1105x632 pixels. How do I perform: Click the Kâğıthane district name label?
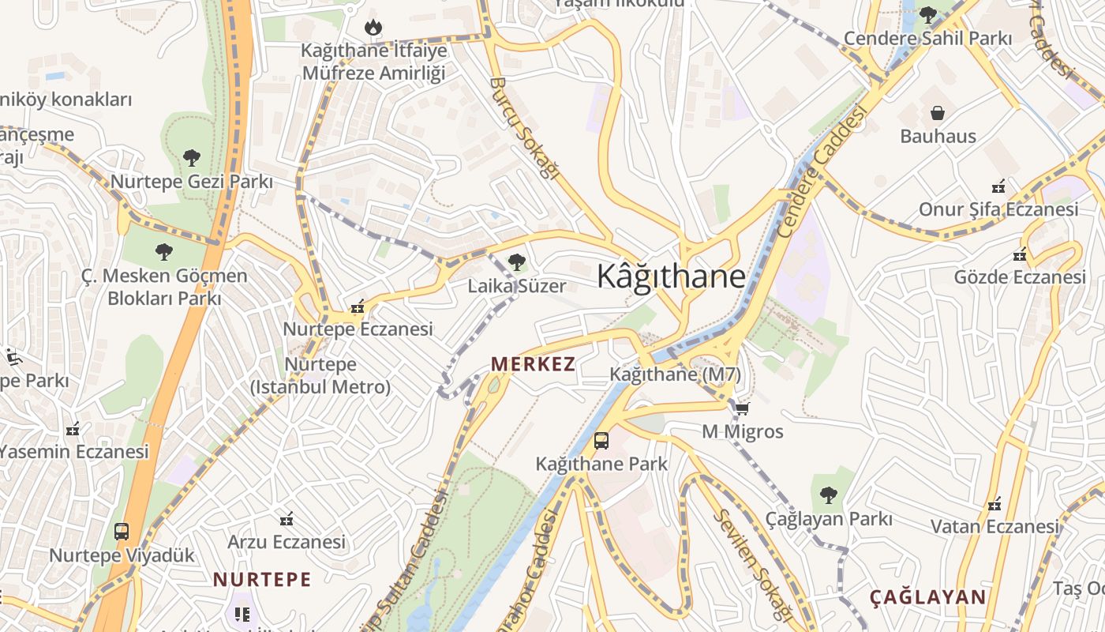(x=671, y=276)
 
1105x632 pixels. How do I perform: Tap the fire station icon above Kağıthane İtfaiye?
(x=373, y=28)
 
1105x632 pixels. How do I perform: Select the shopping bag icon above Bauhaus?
(x=938, y=113)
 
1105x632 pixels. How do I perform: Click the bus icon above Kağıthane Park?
(x=601, y=441)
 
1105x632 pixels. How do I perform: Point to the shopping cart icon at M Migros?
(x=742, y=409)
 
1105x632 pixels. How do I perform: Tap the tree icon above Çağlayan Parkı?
(x=828, y=496)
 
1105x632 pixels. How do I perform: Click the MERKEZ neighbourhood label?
(x=533, y=364)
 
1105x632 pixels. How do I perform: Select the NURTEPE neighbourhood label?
(x=262, y=579)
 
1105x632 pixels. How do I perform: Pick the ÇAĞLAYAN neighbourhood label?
(x=928, y=597)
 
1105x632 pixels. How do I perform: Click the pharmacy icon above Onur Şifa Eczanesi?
(x=998, y=187)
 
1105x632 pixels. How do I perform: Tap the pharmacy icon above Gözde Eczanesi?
(x=1020, y=254)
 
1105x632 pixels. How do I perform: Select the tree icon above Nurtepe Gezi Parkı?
(x=191, y=158)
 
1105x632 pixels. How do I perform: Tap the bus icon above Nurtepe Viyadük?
(x=122, y=532)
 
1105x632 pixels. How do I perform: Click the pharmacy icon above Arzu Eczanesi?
(x=287, y=519)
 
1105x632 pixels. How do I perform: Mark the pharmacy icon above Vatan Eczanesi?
(x=994, y=503)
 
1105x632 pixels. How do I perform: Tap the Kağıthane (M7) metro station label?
(x=676, y=374)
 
